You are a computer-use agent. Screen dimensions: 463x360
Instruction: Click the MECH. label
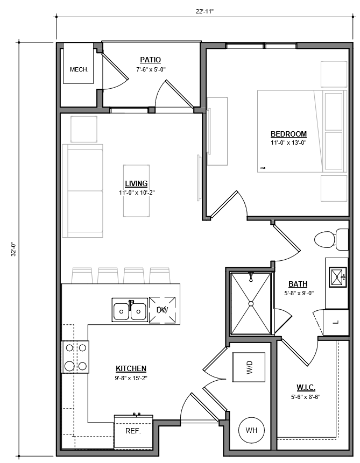tap(79, 70)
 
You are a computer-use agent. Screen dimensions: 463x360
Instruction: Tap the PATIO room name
tap(150, 60)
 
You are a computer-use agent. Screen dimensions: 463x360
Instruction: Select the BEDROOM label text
tap(288, 134)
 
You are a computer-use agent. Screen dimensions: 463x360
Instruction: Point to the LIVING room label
tap(136, 183)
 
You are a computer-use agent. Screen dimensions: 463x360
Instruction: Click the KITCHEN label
tap(131, 368)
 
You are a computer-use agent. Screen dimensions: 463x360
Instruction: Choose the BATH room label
tap(298, 284)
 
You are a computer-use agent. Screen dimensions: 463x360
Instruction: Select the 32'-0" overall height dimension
tap(13, 250)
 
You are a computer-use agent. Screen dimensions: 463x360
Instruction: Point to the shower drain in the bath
tap(251, 303)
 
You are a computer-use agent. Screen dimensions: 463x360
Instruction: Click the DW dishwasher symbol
tap(163, 310)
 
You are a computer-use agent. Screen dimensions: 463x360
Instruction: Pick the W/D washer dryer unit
tap(249, 367)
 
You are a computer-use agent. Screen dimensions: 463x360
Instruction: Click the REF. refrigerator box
tap(133, 431)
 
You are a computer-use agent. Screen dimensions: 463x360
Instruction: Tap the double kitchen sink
tap(130, 310)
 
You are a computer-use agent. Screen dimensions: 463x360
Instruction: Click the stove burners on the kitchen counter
tap(76, 357)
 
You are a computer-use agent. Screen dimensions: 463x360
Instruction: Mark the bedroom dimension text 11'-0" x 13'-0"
tap(288, 143)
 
